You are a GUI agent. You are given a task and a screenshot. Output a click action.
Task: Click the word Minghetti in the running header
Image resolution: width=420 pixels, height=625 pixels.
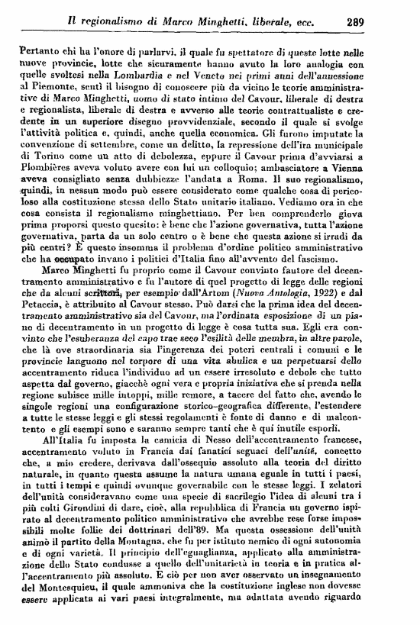click(x=229, y=22)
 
